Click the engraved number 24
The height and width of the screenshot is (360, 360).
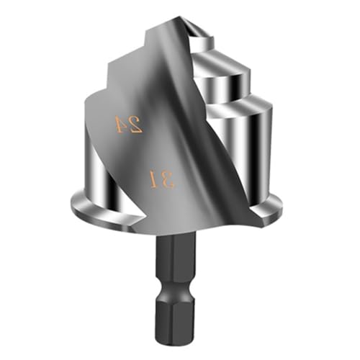tap(130, 124)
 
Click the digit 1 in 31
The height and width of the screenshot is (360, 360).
tap(153, 179)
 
